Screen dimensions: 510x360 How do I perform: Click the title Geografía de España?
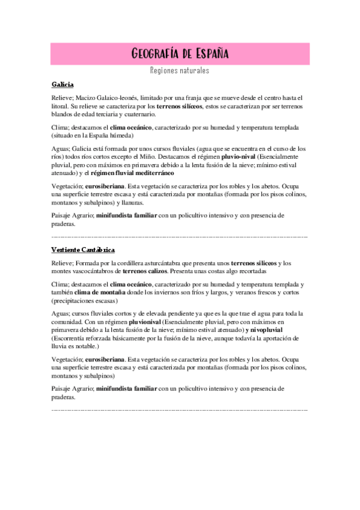tap(180, 54)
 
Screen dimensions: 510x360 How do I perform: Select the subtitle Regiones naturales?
tap(180, 71)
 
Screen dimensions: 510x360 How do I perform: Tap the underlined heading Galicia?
tap(63, 85)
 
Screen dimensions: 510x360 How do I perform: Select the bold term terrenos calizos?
tap(145, 271)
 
